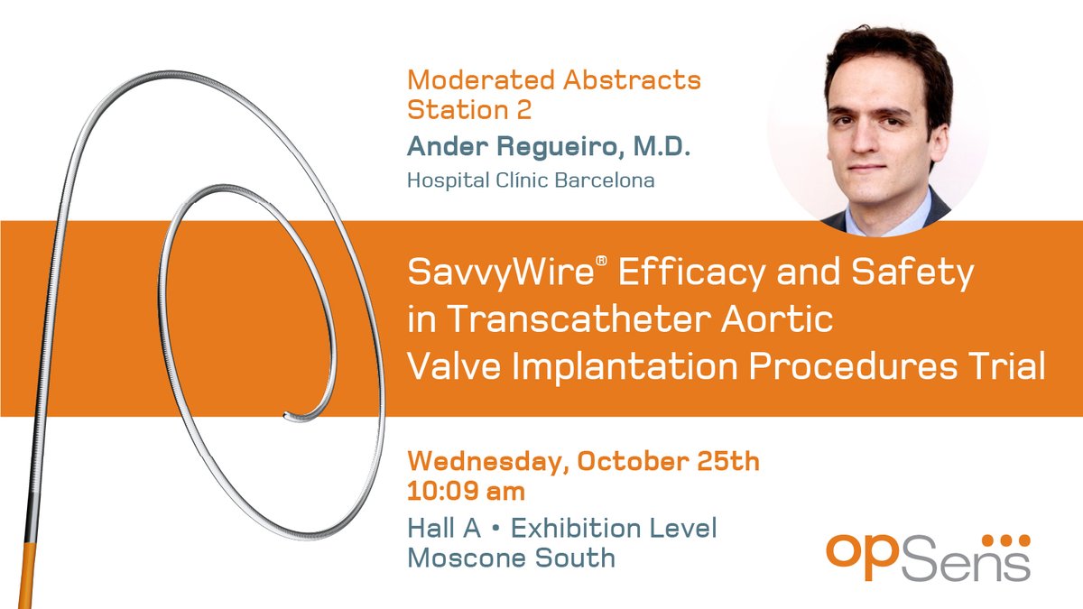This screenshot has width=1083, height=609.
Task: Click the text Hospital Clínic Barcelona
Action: pos(531,180)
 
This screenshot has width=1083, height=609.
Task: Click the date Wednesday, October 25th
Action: pos(583,463)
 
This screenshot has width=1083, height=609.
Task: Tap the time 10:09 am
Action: pos(467,494)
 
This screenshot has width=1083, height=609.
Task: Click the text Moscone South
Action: pos(511,558)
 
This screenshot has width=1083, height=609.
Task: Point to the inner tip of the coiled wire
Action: pos(287,416)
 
